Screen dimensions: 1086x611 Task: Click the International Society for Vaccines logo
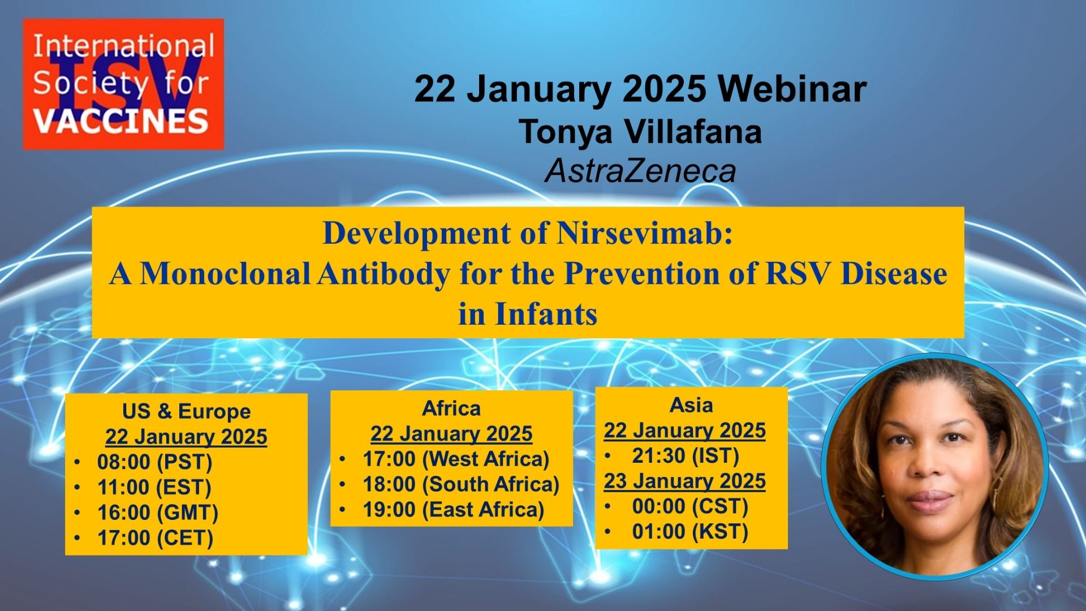pyautogui.click(x=123, y=84)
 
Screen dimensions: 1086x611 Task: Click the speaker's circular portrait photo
pyautogui.click(x=935, y=466)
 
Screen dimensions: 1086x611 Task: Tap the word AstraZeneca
pyautogui.click(x=640, y=170)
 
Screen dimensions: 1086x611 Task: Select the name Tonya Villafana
pyautogui.click(x=640, y=131)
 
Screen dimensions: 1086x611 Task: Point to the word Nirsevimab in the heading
pyautogui.click(x=644, y=233)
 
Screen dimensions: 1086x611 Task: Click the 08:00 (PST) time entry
pyautogui.click(x=154, y=462)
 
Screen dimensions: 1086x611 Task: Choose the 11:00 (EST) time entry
pyautogui.click(x=154, y=487)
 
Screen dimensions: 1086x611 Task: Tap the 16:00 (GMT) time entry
pyautogui.click(x=157, y=513)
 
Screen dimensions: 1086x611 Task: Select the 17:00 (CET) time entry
pyautogui.click(x=155, y=537)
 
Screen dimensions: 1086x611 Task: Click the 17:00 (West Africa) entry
pyautogui.click(x=456, y=459)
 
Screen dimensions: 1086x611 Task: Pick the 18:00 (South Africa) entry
pyautogui.click(x=461, y=484)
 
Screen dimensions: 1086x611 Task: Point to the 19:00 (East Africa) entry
pyautogui.click(x=453, y=510)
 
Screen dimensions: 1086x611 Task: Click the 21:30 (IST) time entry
pyautogui.click(x=686, y=455)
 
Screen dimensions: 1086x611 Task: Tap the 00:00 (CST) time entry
pyautogui.click(x=690, y=506)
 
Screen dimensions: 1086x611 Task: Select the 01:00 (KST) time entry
pyautogui.click(x=690, y=532)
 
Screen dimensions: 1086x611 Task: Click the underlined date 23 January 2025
pyautogui.click(x=684, y=481)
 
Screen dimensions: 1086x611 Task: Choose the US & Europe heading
pyautogui.click(x=186, y=411)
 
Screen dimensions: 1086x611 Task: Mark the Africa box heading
pyautogui.click(x=451, y=408)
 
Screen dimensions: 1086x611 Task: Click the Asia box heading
pyautogui.click(x=691, y=405)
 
